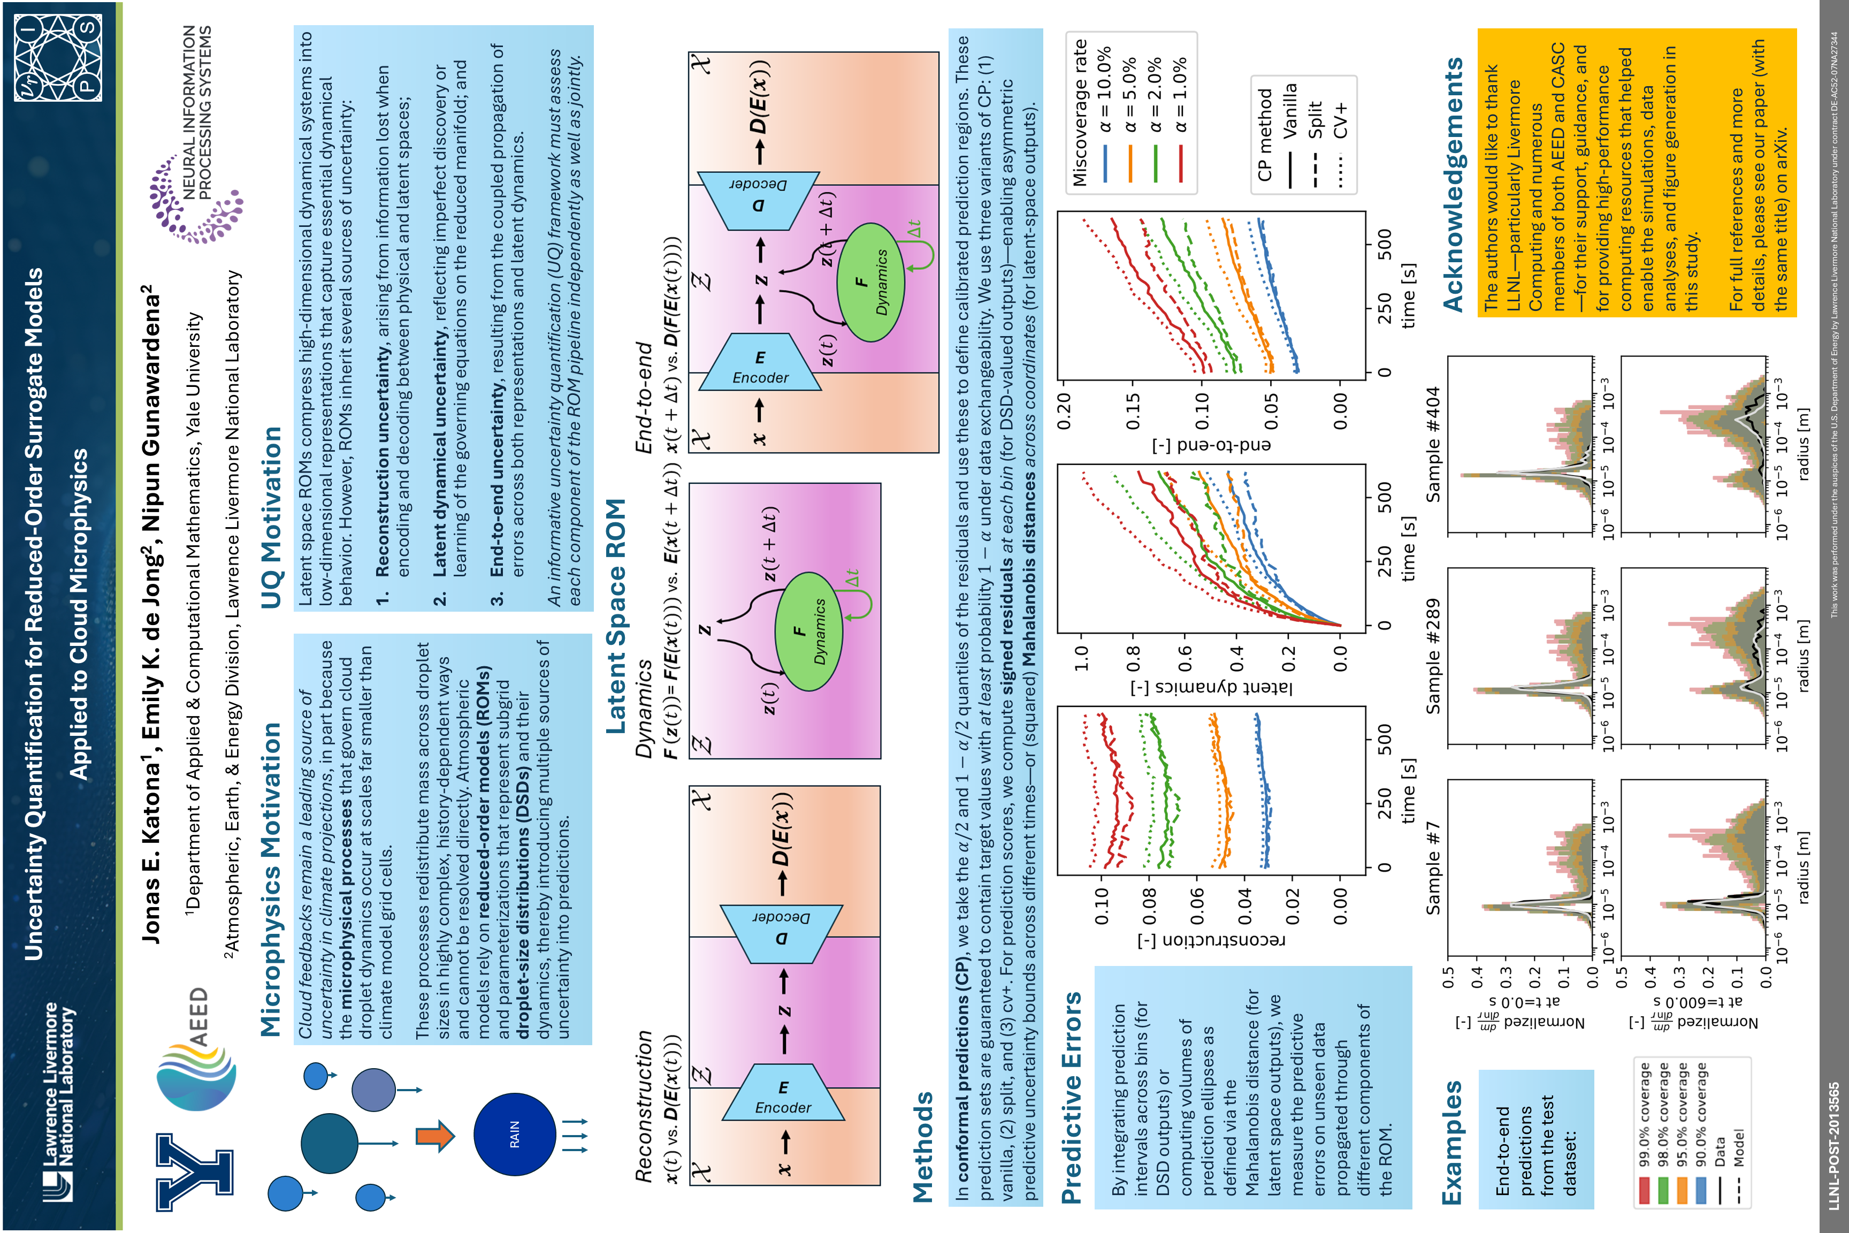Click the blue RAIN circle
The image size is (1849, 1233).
[x=515, y=1134]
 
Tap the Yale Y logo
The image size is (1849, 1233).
[x=194, y=1171]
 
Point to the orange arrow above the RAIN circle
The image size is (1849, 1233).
[x=435, y=1136]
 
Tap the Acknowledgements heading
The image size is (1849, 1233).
[x=1454, y=184]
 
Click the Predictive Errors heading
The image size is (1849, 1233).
[x=1071, y=1098]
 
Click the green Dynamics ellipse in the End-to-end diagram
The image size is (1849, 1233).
[x=870, y=283]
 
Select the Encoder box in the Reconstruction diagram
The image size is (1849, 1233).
[x=783, y=1092]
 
